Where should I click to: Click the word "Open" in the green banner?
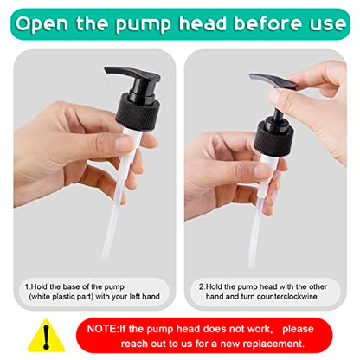(42, 24)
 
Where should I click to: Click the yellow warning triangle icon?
(46, 336)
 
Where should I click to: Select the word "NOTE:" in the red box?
(103, 329)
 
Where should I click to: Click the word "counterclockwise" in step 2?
(286, 296)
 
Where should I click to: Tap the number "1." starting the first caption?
(28, 286)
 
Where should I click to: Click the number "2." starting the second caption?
(202, 286)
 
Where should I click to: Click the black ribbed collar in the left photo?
(138, 111)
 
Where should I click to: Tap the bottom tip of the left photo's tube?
(104, 258)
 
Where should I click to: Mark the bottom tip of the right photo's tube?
(251, 267)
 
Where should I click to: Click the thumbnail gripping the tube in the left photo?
(125, 144)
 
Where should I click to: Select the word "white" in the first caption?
(41, 296)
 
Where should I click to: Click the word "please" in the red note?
(298, 329)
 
